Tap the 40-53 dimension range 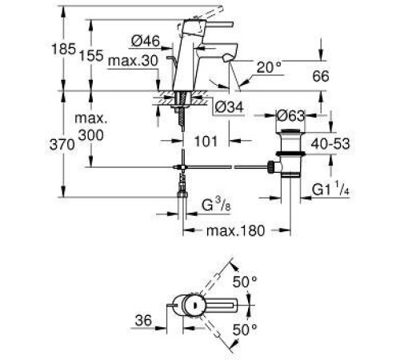pyautogui.click(x=353, y=145)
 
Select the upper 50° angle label pyautogui.click(x=245, y=282)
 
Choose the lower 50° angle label pyautogui.click(x=245, y=328)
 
